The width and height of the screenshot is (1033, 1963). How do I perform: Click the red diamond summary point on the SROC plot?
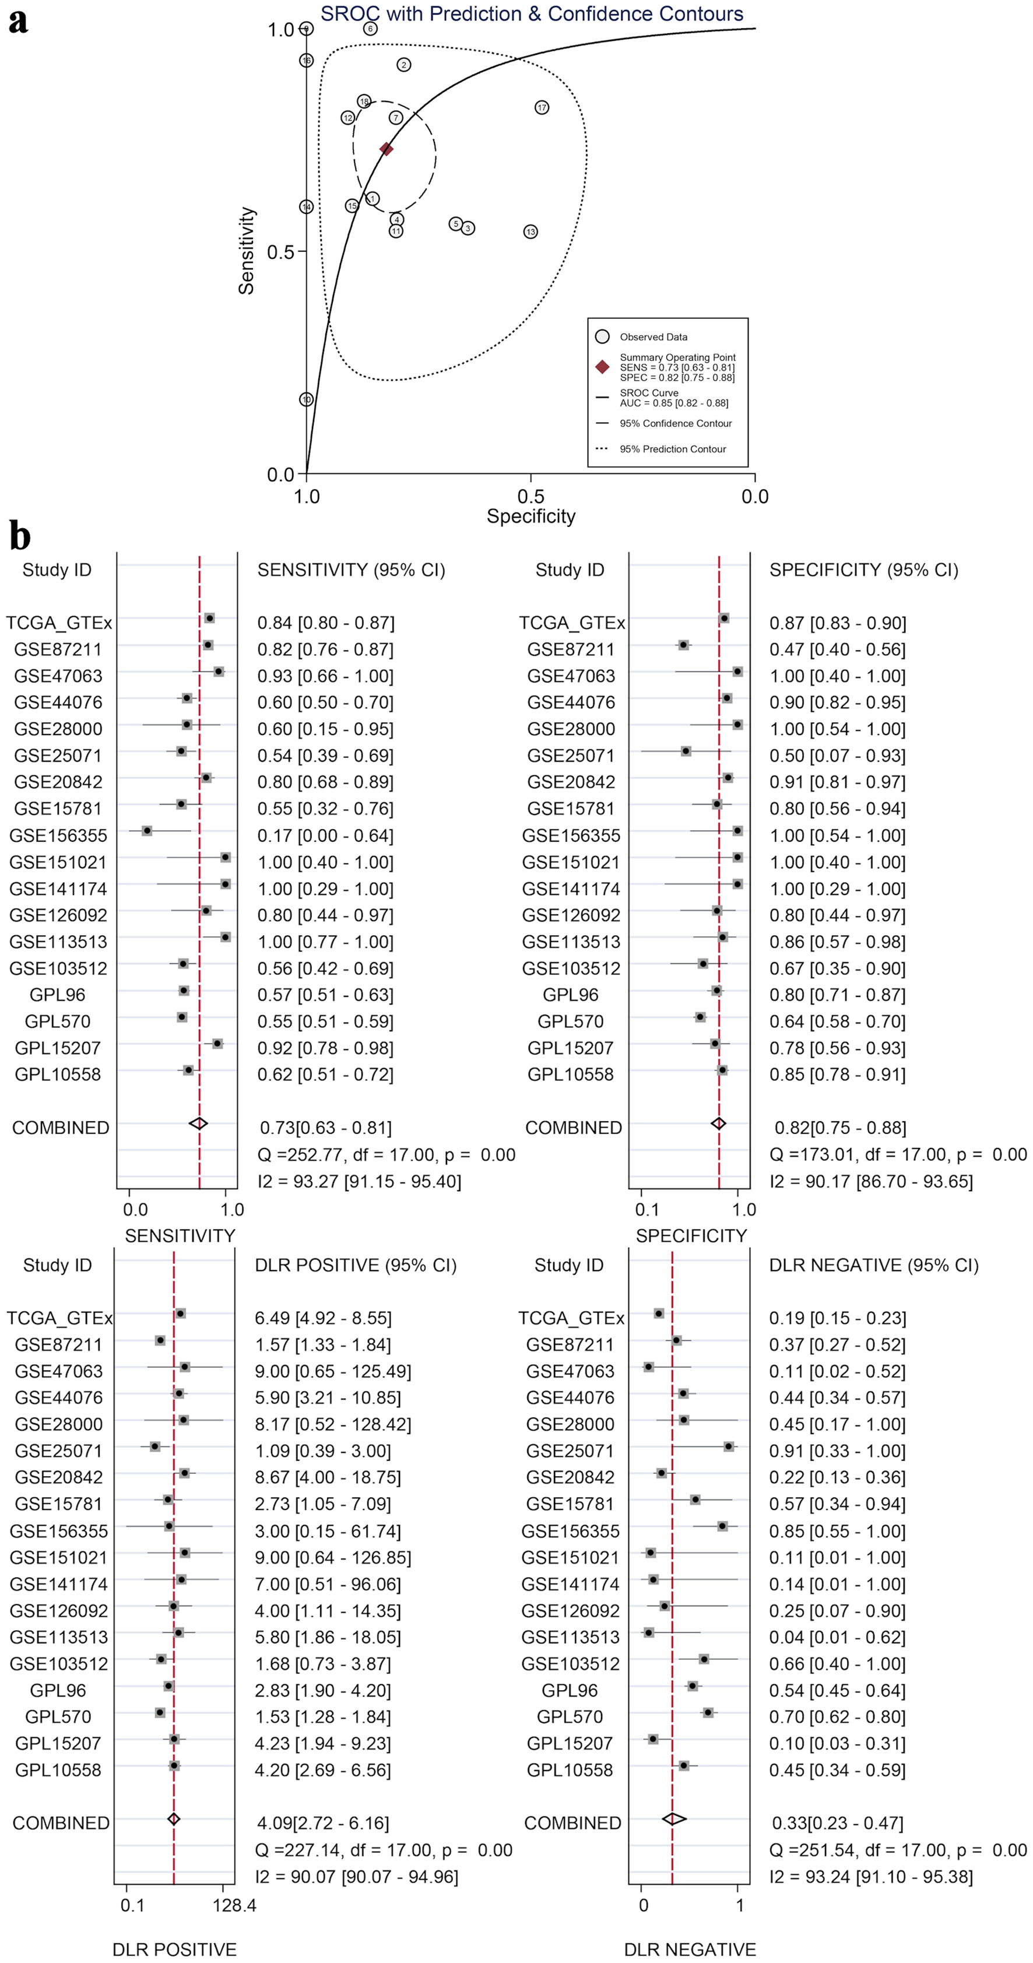click(x=387, y=149)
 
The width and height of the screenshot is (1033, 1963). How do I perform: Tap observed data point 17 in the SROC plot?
click(x=542, y=107)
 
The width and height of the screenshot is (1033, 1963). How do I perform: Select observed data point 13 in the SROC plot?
click(x=530, y=231)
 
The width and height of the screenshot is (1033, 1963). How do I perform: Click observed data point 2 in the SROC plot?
click(x=404, y=65)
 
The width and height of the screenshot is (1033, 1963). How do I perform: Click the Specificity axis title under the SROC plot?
click(x=531, y=517)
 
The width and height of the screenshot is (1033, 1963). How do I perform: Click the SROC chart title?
click(x=531, y=14)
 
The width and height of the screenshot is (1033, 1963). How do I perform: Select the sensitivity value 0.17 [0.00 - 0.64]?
click(x=325, y=835)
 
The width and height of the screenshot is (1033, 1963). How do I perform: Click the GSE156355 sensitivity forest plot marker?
click(x=147, y=831)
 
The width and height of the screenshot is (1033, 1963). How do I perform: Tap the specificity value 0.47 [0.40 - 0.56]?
click(x=837, y=649)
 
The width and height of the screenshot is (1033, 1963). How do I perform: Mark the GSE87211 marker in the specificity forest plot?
click(x=683, y=645)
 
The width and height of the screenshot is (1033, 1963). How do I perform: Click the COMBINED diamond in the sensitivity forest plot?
click(x=198, y=1123)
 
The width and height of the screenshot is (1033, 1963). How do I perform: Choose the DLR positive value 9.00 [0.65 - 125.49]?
click(x=333, y=1371)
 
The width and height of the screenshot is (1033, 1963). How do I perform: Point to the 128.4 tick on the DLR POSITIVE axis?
click(x=233, y=1905)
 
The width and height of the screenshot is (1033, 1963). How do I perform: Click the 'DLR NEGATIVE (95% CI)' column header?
click(x=873, y=1265)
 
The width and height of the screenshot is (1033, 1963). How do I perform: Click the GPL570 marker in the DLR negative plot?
click(x=708, y=1712)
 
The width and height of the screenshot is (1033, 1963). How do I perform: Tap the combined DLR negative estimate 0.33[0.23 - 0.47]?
click(x=837, y=1822)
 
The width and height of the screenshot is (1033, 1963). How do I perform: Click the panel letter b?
click(x=20, y=536)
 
